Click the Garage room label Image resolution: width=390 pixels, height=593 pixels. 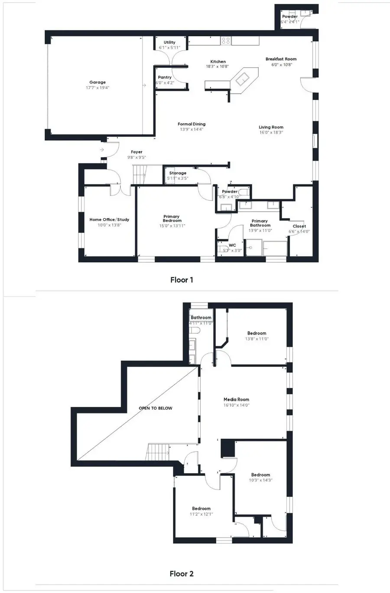click(97, 82)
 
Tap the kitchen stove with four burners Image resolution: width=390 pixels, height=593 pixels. click(226, 41)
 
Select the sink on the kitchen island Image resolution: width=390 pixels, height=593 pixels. click(242, 78)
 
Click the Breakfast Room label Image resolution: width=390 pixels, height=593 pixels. click(281, 59)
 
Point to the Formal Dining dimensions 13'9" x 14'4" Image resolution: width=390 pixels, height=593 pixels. click(192, 129)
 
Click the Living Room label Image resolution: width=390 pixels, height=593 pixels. click(271, 127)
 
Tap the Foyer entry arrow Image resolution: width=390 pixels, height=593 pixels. click(102, 150)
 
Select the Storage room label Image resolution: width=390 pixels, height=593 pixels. click(178, 173)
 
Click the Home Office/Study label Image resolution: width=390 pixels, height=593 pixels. click(109, 219)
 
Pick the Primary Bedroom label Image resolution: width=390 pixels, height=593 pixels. click(172, 219)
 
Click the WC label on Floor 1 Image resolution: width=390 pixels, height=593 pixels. click(232, 245)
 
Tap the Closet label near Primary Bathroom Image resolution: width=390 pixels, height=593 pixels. click(299, 226)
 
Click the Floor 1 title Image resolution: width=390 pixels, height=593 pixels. click(182, 280)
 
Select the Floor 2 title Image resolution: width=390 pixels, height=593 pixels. click(182, 574)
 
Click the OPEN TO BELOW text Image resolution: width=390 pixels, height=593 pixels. click(155, 408)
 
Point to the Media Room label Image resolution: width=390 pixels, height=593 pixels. click(236, 400)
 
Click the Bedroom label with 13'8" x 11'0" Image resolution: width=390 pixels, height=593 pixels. click(257, 333)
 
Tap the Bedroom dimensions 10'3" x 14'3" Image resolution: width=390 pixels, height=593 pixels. click(260, 480)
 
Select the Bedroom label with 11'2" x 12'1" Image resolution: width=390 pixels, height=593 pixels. click(201, 509)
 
